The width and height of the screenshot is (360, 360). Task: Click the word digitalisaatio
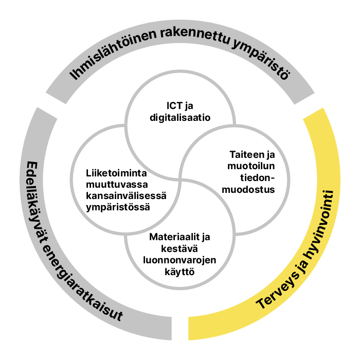coord(180,118)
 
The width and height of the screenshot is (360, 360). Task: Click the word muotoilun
coord(251,166)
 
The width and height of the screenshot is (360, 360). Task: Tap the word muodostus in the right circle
coord(248,189)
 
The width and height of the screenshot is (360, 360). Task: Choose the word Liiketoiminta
coord(116,173)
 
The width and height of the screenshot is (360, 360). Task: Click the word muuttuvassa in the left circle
coord(117,185)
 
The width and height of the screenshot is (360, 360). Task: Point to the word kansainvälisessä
coord(126,196)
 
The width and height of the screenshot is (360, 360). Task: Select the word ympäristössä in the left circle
coord(118,208)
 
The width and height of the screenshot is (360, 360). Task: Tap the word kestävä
coord(179,248)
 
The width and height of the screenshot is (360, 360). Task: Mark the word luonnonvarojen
coord(179,260)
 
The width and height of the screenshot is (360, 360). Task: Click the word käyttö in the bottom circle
coord(179,272)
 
